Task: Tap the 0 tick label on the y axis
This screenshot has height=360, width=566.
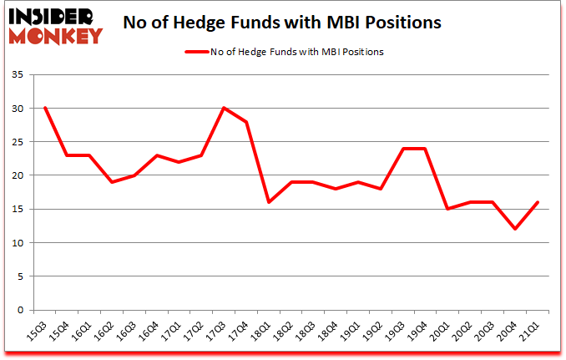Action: tap(23, 311)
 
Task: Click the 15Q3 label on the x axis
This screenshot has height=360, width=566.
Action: tap(38, 333)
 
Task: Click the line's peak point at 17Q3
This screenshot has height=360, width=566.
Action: tap(225, 108)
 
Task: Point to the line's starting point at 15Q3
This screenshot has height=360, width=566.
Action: tap(44, 108)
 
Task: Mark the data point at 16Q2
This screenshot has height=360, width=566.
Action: tap(112, 182)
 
